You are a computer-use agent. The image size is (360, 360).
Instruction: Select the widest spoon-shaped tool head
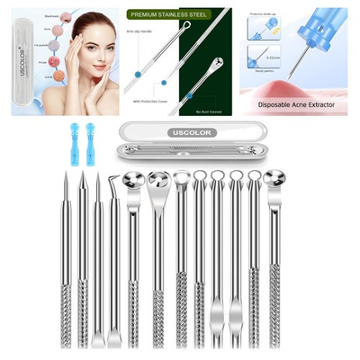(x=158, y=184)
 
